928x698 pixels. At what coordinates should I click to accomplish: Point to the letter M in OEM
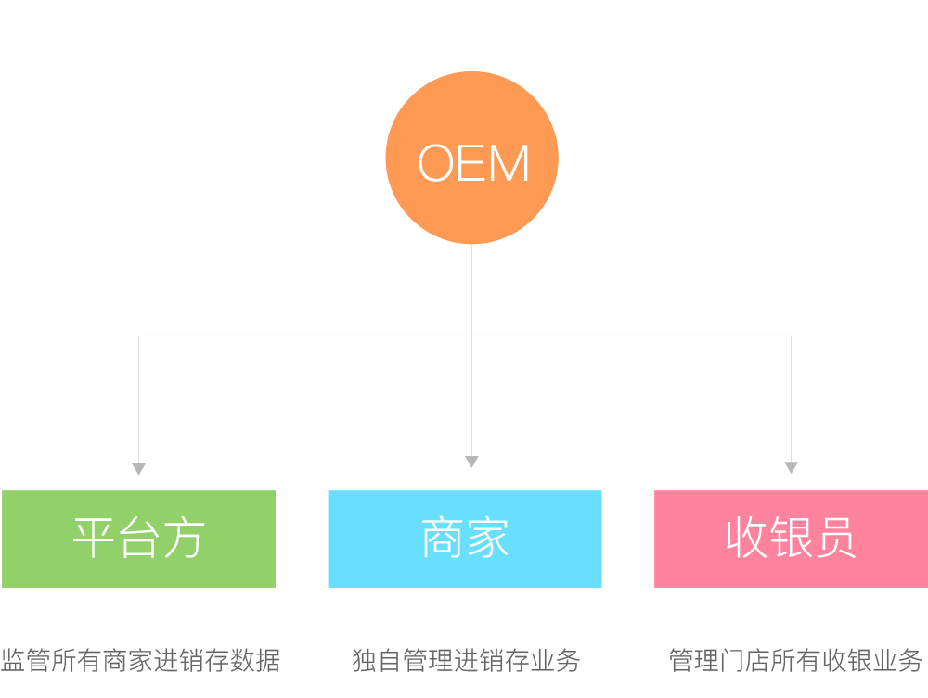509,164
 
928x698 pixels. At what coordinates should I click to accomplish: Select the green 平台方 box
138,539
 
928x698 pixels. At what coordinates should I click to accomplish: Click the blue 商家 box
464,539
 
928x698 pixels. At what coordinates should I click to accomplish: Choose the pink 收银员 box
791,539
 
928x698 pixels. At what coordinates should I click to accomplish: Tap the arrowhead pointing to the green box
138,469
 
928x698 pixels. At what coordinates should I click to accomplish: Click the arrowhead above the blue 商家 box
471,462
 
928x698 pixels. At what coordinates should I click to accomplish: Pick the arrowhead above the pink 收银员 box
791,468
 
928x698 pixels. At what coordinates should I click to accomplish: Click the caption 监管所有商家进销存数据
140,661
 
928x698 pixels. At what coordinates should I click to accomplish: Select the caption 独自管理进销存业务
466,661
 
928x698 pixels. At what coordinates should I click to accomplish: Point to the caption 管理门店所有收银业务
796,661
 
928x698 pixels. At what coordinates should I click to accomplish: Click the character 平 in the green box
95,539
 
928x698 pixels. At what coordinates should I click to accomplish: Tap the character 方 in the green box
183,539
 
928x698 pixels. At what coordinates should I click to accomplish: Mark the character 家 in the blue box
487,539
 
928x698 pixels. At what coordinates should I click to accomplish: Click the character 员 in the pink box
834,539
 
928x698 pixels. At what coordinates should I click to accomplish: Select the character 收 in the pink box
747,539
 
